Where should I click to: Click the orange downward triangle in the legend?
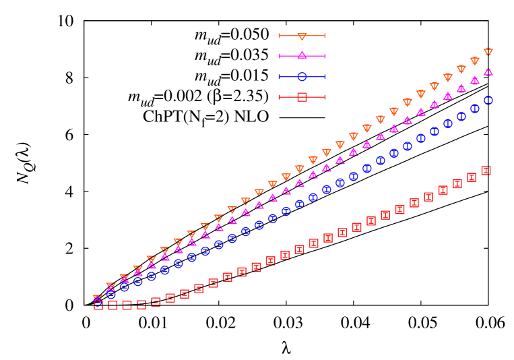(x=302, y=36)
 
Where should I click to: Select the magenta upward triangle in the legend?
(x=302, y=55)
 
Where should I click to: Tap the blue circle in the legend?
(x=302, y=77)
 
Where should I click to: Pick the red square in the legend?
(x=302, y=97)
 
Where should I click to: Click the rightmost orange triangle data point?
(x=488, y=52)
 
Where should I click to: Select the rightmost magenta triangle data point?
(x=488, y=71)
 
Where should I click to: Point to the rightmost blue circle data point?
(x=488, y=100)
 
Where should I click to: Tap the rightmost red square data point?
(x=486, y=171)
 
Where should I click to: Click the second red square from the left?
(x=113, y=305)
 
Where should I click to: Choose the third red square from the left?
(x=127, y=305)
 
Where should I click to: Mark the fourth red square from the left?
(x=141, y=305)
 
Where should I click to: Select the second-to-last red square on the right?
(x=472, y=177)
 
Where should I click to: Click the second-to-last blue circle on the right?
(x=474, y=109)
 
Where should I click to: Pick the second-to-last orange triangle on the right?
(x=474, y=61)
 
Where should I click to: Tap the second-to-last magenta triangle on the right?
(x=474, y=80)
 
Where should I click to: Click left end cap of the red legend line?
(x=279, y=97)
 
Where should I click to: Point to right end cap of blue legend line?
(x=325, y=77)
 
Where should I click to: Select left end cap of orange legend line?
(x=279, y=36)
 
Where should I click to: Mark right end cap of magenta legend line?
(x=325, y=56)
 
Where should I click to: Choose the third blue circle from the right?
(x=461, y=117)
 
